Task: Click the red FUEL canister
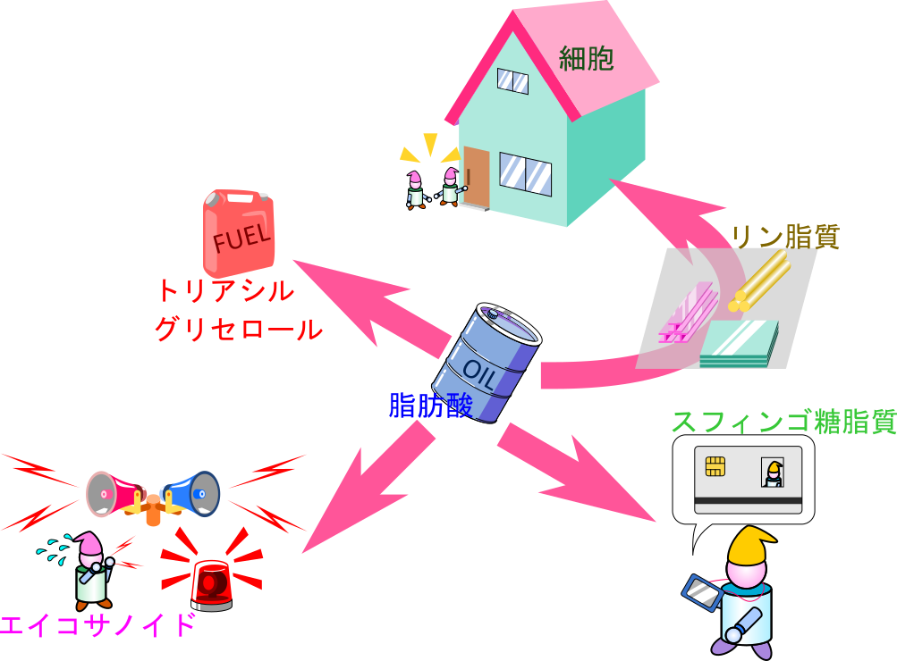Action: [x=237, y=234]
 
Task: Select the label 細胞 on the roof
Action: [x=586, y=59]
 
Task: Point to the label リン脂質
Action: [x=785, y=237]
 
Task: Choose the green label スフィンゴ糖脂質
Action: [x=783, y=422]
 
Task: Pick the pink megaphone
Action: [x=112, y=492]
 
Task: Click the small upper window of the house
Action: [x=512, y=80]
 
